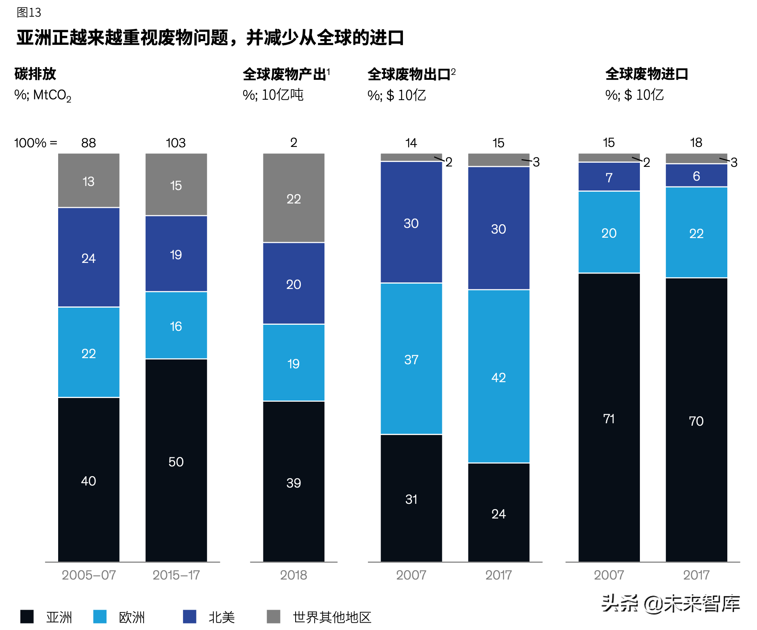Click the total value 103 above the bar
pos(176,143)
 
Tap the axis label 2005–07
pos(89,575)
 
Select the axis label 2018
pos(294,575)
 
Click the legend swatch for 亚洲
pos(27,617)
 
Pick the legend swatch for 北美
pos(189,617)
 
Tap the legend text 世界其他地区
pos(332,617)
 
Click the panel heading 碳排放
pos(35,74)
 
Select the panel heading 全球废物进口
pos(646,74)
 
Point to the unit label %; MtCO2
pos(43,95)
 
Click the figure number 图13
pos(29,13)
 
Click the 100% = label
pos(35,143)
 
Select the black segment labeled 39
pos(294,482)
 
